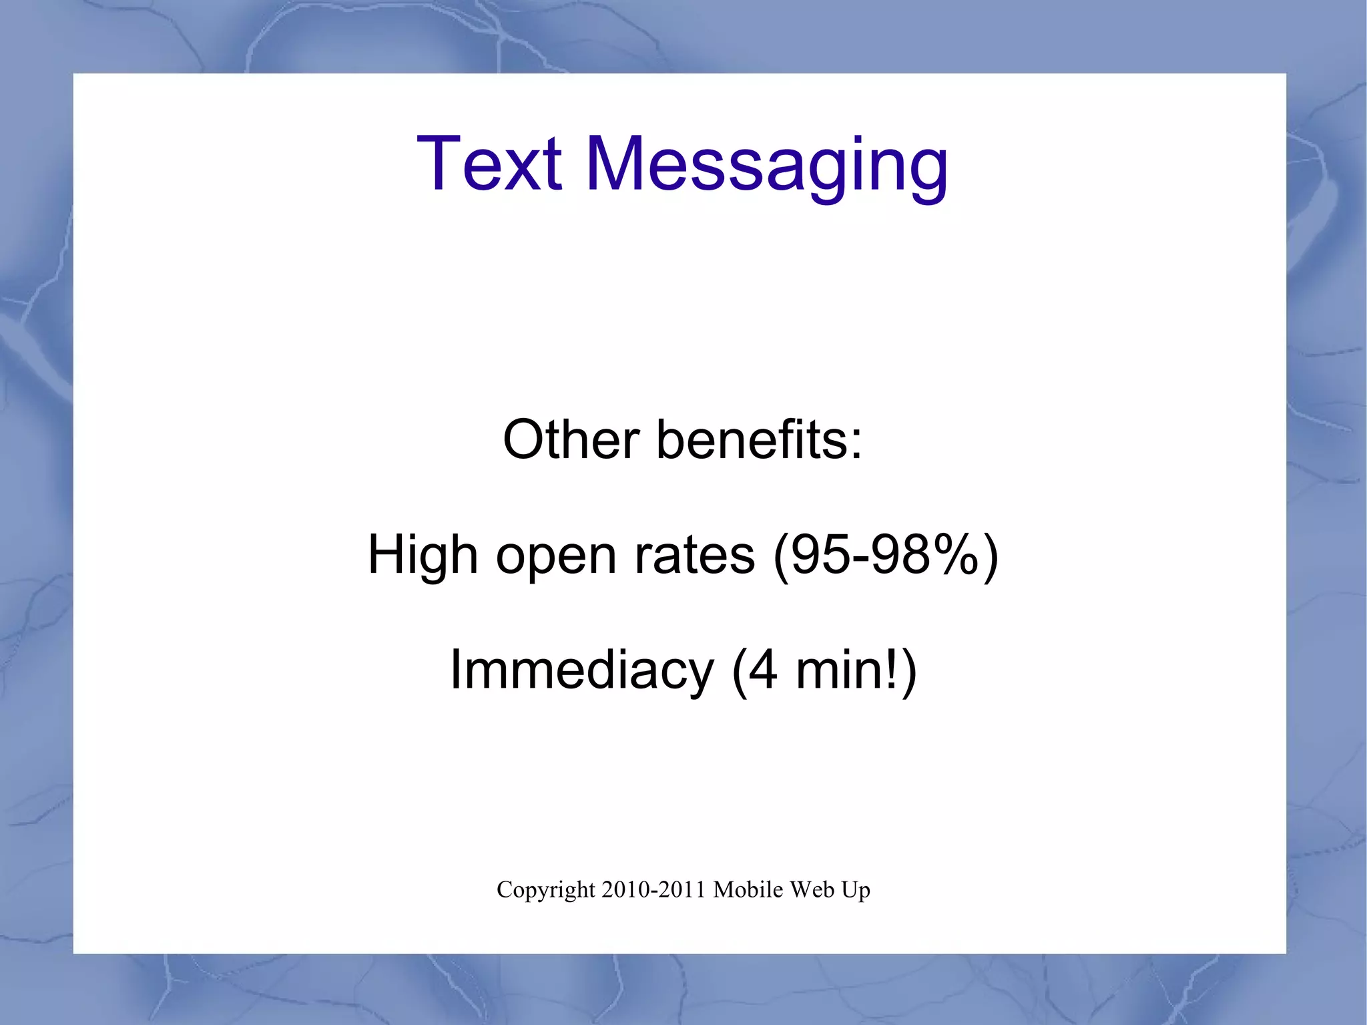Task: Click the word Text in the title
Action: click(489, 164)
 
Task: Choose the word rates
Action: click(694, 555)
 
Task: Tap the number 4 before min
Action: click(763, 670)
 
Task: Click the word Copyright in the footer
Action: click(545, 891)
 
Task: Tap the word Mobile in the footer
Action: click(748, 889)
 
